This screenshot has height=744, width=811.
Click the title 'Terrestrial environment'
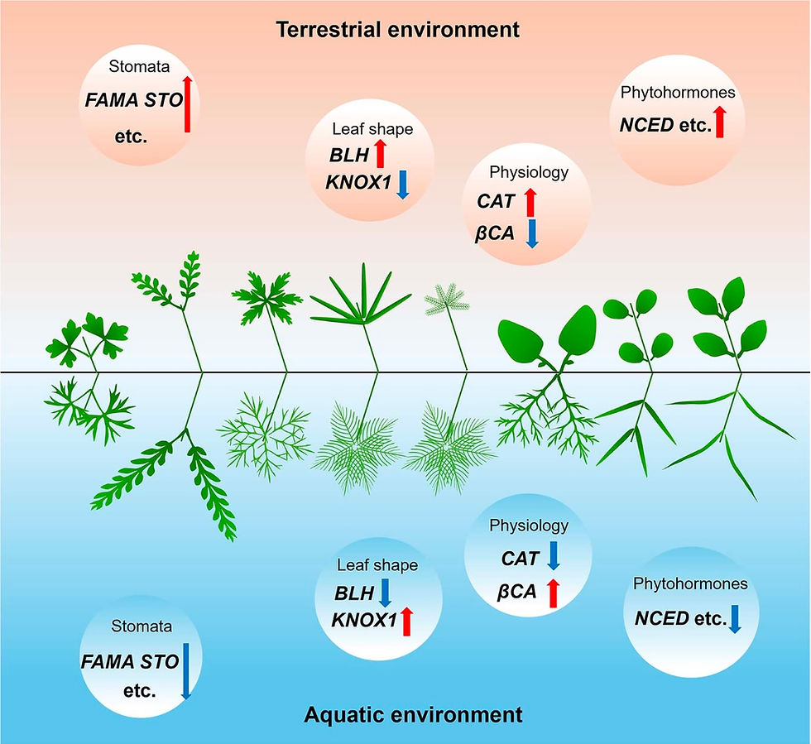pos(397,30)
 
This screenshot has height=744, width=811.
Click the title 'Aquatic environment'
pos(413,714)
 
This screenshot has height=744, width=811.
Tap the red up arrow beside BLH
pos(380,153)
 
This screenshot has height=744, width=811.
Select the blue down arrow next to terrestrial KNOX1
pos(402,185)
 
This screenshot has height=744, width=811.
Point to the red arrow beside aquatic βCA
pos(554,593)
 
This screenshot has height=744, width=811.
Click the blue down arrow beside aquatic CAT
pos(554,555)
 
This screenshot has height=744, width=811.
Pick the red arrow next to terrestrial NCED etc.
pos(719,122)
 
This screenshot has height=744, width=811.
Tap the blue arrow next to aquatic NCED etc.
pos(735,619)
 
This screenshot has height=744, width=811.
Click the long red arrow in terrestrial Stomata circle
pos(187,103)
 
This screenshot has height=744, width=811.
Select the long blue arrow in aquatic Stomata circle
pos(186,671)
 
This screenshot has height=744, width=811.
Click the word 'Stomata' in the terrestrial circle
pos(139,66)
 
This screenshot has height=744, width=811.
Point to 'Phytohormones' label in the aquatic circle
pos(690,583)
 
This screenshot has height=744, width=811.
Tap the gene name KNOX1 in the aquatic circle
pos(364,619)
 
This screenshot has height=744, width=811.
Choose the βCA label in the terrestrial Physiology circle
pos(495,234)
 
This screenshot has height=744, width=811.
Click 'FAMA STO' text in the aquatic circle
pos(130,661)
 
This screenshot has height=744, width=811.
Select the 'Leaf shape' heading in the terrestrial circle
pos(372,129)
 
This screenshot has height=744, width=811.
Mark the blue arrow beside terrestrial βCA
pos(532,234)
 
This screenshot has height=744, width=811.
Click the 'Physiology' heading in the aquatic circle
pos(529,526)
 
